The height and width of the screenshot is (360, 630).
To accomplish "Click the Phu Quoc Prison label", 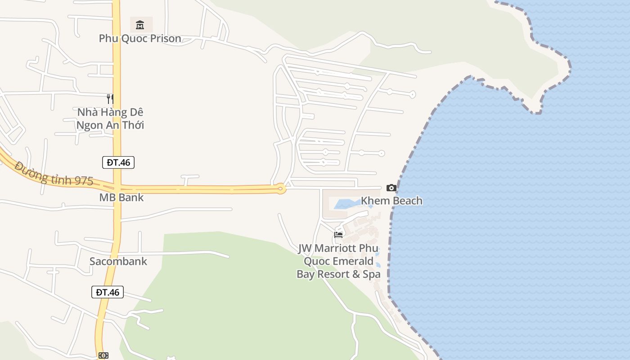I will [x=140, y=38].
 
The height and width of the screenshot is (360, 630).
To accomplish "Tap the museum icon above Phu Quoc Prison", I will [x=140, y=24].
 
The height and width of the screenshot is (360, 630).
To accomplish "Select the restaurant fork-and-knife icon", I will [x=110, y=99].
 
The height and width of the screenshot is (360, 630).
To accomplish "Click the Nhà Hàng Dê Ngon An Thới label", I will [x=110, y=118].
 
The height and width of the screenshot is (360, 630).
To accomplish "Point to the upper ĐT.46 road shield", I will [x=118, y=162].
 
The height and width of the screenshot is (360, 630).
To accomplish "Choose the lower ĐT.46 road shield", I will [x=108, y=292].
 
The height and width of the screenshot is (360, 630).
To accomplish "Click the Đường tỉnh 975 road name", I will [x=54, y=174].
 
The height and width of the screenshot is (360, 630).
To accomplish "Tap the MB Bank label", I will [x=121, y=197].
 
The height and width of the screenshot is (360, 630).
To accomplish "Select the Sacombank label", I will [x=118, y=261].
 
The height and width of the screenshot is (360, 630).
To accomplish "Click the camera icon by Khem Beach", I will [x=391, y=188].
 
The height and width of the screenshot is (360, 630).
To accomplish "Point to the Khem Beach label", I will [x=391, y=201].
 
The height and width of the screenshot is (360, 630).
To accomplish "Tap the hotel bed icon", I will [x=338, y=234].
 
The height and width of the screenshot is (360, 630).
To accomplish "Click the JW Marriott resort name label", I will [x=338, y=261].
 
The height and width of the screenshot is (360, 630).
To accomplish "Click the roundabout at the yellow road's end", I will [x=281, y=189].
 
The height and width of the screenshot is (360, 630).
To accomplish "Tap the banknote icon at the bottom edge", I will [x=103, y=355].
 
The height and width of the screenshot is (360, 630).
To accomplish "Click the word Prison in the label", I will [x=164, y=38].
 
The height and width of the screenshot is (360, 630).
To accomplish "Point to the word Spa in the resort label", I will [x=372, y=274].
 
